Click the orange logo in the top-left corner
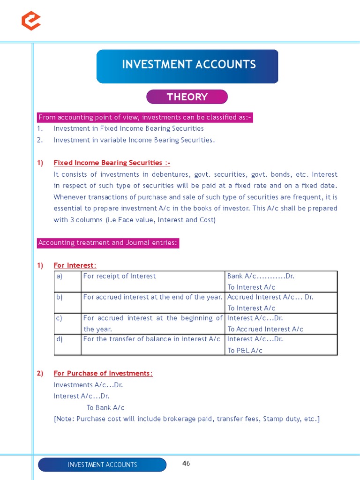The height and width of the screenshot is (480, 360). coord(31,21)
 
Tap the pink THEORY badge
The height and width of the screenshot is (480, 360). coord(187,97)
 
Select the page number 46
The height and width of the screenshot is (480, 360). coord(186,464)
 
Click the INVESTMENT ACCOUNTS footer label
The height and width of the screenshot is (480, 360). coord(102,465)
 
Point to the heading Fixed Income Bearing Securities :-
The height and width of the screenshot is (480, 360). coord(112,163)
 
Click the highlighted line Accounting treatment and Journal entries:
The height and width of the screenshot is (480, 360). coord(108,243)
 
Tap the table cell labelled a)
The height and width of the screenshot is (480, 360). coord(60,276)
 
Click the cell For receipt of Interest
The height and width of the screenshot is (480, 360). coord(120,276)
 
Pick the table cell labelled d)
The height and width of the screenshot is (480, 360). coord(60,339)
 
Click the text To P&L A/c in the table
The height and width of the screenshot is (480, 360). coord(245,350)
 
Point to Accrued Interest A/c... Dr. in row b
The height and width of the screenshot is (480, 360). coord(270,297)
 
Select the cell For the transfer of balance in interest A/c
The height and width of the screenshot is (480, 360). coord(151,339)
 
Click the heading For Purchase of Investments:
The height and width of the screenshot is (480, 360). coord(103,373)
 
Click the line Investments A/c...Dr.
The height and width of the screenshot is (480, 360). coord(88,385)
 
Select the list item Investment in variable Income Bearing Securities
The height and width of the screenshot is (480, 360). coord(134,140)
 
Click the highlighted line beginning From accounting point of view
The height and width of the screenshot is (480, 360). coord(145,117)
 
